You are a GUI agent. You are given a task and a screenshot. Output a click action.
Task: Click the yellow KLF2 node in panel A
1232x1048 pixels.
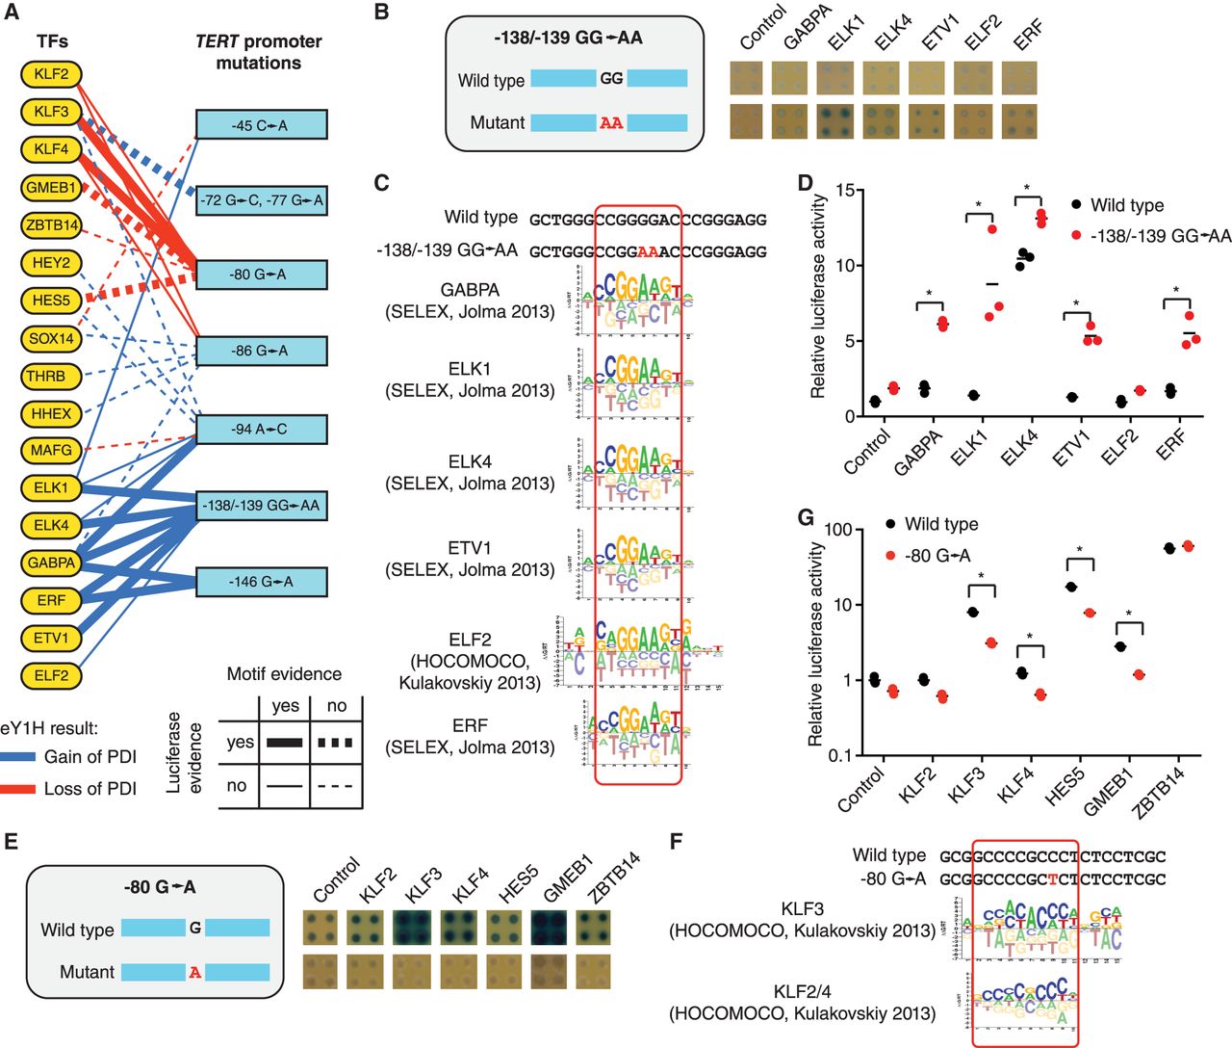tap(52, 74)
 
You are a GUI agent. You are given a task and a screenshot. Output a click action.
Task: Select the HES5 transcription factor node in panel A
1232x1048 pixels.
tap(52, 301)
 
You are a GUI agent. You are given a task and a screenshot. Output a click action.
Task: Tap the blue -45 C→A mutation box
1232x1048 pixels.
tap(261, 125)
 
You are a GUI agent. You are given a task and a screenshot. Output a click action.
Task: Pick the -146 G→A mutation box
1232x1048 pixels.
tap(261, 582)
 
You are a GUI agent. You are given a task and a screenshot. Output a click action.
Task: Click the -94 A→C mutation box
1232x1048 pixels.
tap(261, 429)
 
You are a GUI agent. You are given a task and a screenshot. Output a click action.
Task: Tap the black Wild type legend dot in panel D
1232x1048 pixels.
tap(1076, 205)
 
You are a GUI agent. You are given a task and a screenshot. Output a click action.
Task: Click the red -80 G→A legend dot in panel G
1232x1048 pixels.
tap(890, 556)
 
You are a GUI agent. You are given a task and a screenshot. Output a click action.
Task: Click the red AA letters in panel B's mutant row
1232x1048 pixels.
tap(611, 122)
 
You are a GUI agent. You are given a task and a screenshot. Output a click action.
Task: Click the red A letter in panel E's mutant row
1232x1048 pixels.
tap(195, 972)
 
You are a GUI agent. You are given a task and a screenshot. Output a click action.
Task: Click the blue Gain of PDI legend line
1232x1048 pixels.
tap(18, 757)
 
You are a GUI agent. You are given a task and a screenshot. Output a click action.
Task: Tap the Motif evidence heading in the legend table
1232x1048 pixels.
tap(284, 673)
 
